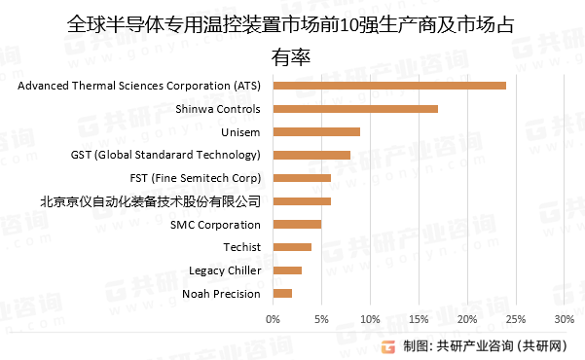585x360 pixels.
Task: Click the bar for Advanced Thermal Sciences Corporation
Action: point(389,86)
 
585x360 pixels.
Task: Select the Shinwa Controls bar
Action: point(355,109)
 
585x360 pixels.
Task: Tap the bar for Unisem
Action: point(316,131)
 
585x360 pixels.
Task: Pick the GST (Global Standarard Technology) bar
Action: point(311,155)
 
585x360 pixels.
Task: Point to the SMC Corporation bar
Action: point(297,224)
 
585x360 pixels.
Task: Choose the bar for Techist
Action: point(292,247)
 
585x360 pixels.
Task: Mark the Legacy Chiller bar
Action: point(287,270)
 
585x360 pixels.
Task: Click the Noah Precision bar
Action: point(282,293)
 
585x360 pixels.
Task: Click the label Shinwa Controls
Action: point(218,109)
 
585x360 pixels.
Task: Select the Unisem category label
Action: point(241,131)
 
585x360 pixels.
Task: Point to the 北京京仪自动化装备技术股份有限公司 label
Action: point(151,201)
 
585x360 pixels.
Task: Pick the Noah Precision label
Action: point(222,293)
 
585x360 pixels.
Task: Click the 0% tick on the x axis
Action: point(273,318)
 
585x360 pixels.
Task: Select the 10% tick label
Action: point(370,318)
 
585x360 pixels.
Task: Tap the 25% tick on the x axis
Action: point(516,318)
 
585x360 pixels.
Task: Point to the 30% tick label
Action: point(565,318)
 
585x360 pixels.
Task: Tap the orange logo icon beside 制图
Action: point(388,345)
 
